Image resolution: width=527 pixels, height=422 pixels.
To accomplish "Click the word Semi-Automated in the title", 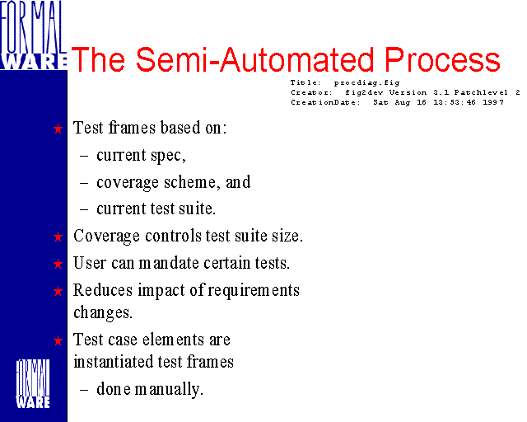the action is coord(254,59).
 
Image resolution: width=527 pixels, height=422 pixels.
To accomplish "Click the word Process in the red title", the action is coord(442,59).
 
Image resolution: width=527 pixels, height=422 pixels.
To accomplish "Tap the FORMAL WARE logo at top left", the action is coord(33,35).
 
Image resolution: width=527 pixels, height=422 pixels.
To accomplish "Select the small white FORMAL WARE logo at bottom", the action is coord(33,383).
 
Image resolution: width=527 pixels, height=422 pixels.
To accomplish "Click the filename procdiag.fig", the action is coord(366,82).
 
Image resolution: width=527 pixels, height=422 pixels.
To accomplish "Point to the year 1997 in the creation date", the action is coord(493,102).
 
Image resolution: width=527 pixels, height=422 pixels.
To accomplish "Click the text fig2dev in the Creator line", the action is coord(364,92).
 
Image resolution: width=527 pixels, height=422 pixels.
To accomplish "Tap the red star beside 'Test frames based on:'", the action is coord(58,129).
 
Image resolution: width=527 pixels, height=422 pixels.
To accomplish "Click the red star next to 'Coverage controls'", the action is coord(58,237).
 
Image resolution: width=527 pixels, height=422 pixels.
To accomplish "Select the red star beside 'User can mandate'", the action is coord(58,264).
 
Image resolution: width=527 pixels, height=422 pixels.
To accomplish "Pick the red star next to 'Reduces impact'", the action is coord(58,291).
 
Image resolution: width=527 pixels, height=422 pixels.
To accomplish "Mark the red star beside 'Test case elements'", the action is coord(58,340).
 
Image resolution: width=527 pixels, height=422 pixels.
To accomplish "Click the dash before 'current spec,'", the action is coord(84,156).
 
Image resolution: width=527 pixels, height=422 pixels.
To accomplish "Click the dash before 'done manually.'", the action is coord(84,390).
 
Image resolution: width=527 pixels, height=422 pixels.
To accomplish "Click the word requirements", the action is coord(254,291).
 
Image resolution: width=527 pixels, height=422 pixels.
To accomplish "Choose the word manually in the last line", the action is coord(169,390).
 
